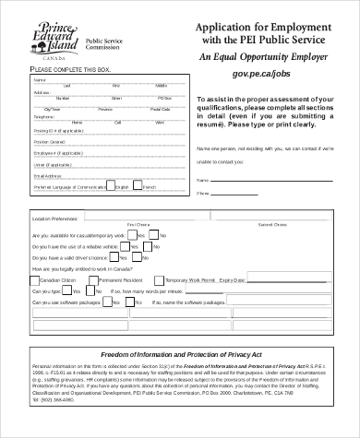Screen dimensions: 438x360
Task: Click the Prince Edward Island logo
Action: point(45,37)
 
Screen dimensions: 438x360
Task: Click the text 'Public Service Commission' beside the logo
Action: point(104,45)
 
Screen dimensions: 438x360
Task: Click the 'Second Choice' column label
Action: point(272,225)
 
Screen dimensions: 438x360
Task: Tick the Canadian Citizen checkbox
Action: point(36,278)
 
